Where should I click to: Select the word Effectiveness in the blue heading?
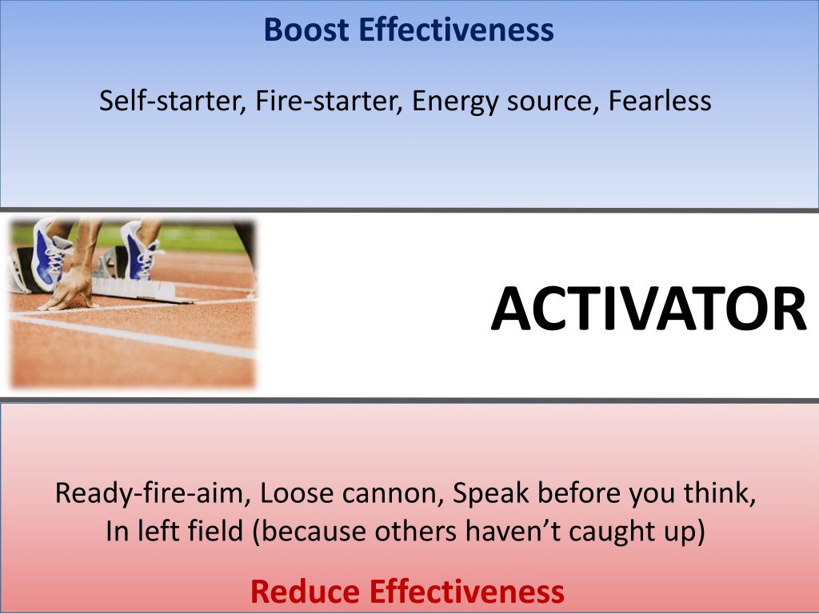click(456, 30)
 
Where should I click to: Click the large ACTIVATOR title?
click(649, 309)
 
